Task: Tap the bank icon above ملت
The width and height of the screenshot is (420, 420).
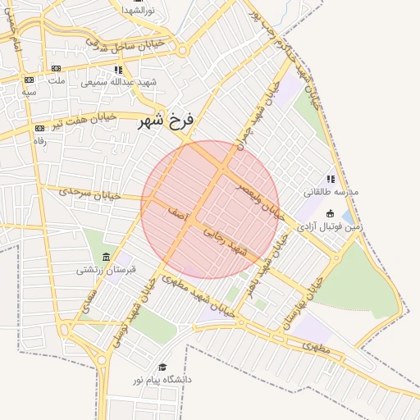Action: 56,69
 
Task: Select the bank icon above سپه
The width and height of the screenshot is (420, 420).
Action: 29,80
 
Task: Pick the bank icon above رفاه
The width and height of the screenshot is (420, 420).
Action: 39,129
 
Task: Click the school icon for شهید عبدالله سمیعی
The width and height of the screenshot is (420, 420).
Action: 118,71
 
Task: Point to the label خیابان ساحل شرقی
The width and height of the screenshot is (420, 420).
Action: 132,44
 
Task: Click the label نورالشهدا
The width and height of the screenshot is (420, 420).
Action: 139,10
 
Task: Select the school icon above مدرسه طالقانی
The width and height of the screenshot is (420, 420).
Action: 331,179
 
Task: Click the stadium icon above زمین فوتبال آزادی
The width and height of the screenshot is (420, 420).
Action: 331,212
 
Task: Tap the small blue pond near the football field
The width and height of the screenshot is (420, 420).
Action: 348,217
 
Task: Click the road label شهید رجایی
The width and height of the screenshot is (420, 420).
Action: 226,243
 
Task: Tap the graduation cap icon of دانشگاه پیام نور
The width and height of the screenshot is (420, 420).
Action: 162,367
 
